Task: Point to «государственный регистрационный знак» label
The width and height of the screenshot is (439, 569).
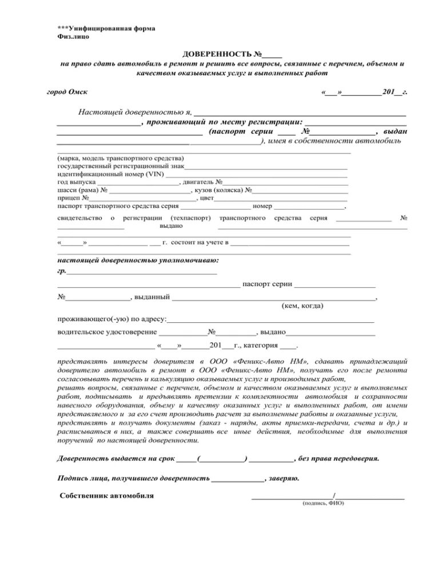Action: [x=121, y=165]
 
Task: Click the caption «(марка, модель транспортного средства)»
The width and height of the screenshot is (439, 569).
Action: [x=121, y=157]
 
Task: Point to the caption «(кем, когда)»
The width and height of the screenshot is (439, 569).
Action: [x=302, y=306]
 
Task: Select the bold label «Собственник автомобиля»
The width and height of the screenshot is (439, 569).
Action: [x=106, y=495]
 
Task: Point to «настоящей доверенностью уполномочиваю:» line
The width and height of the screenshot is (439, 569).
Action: [x=138, y=260]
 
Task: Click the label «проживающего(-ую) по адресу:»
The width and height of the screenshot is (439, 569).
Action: [x=112, y=319]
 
